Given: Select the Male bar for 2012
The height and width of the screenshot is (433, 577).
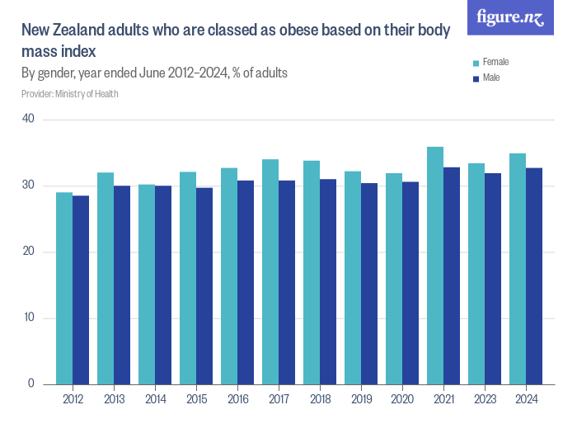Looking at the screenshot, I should [81, 289].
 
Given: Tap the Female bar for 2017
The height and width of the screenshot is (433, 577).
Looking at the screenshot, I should [270, 271].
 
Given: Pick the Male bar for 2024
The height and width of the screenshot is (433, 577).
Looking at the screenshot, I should [534, 275].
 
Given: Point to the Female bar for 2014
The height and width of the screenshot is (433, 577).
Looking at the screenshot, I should [147, 284].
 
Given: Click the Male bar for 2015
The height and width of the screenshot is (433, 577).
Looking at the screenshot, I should [204, 285].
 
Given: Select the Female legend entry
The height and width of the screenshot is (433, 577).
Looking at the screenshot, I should [495, 62].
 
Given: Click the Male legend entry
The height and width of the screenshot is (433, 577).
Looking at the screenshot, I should [490, 78].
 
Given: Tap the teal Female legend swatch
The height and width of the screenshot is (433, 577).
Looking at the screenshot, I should [476, 62].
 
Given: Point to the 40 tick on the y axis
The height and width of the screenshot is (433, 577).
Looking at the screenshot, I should [29, 120].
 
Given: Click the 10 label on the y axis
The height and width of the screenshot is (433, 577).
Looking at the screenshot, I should [29, 318].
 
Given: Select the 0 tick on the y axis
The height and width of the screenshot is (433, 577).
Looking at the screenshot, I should [30, 384].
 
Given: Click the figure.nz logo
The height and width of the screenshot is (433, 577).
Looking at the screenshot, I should [510, 17].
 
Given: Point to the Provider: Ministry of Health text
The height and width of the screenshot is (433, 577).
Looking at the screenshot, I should [70, 93].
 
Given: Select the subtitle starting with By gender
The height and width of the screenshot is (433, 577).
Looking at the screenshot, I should [154, 73].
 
